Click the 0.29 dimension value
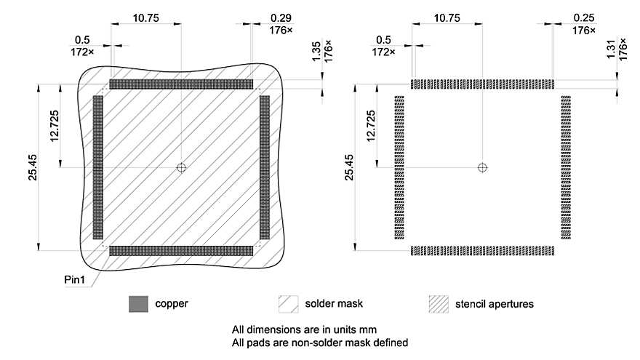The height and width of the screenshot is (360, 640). pos(281,17)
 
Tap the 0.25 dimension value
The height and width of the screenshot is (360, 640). pos(583,17)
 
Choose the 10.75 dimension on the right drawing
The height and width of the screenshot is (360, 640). pos(446,16)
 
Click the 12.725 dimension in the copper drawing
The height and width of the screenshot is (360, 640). pos(55,126)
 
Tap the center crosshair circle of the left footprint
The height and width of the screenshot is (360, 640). pos(181,167)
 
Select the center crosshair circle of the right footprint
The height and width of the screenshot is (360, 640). pos(482,167)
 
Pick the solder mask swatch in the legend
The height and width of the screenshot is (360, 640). pos(289,303)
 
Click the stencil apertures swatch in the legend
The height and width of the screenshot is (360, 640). pos(439,303)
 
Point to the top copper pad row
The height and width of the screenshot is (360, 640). pos(181,84)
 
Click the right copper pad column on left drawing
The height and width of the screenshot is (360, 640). pos(264,167)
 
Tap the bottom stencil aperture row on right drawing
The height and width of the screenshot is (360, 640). pos(482,251)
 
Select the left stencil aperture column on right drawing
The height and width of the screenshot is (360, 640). pos(399,167)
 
